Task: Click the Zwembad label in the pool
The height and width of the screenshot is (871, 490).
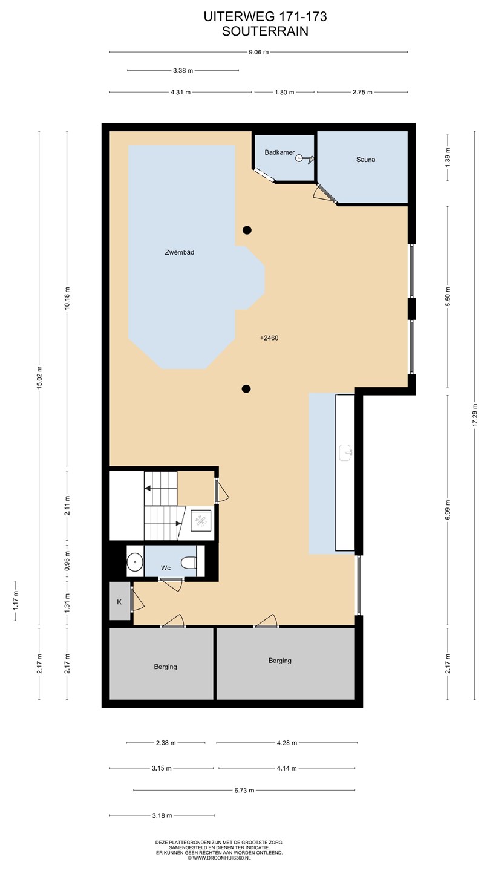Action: click(179, 252)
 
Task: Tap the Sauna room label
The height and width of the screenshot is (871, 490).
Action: click(365, 160)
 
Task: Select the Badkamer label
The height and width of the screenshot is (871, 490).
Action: click(279, 152)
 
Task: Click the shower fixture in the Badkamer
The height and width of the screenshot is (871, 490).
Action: click(305, 158)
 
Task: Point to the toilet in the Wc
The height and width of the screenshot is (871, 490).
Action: click(189, 563)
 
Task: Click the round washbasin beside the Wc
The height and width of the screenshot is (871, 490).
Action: click(135, 563)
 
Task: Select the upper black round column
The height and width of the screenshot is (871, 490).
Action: click(247, 230)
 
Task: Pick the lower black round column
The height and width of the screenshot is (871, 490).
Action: click(246, 388)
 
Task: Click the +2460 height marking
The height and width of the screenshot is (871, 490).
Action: click(269, 338)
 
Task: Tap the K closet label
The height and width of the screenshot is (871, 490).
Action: click(119, 602)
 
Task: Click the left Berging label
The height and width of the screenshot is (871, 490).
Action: click(165, 667)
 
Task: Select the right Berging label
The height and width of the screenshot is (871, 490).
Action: click(279, 661)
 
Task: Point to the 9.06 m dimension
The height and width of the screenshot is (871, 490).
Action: click(259, 52)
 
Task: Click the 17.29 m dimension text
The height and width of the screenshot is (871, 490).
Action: click(475, 414)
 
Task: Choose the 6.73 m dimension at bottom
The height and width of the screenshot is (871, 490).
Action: click(244, 790)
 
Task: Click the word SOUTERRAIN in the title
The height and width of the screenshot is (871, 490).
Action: click(265, 31)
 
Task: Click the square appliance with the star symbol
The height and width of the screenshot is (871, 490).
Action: click(201, 521)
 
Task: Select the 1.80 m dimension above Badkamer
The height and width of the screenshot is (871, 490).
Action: click(284, 93)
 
